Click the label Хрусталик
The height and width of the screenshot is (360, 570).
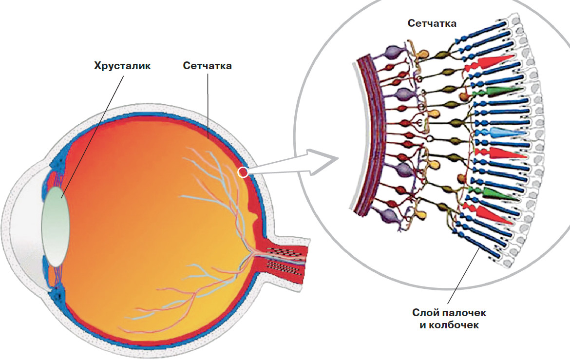pyautogui.click(x=122, y=66)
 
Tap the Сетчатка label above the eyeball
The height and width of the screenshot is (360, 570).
pyautogui.click(x=207, y=66)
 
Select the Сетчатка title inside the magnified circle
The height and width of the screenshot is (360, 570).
pyautogui.click(x=432, y=23)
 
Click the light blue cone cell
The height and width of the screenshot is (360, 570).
pyautogui.click(x=507, y=132)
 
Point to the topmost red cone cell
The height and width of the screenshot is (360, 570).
pyautogui.click(x=494, y=62)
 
